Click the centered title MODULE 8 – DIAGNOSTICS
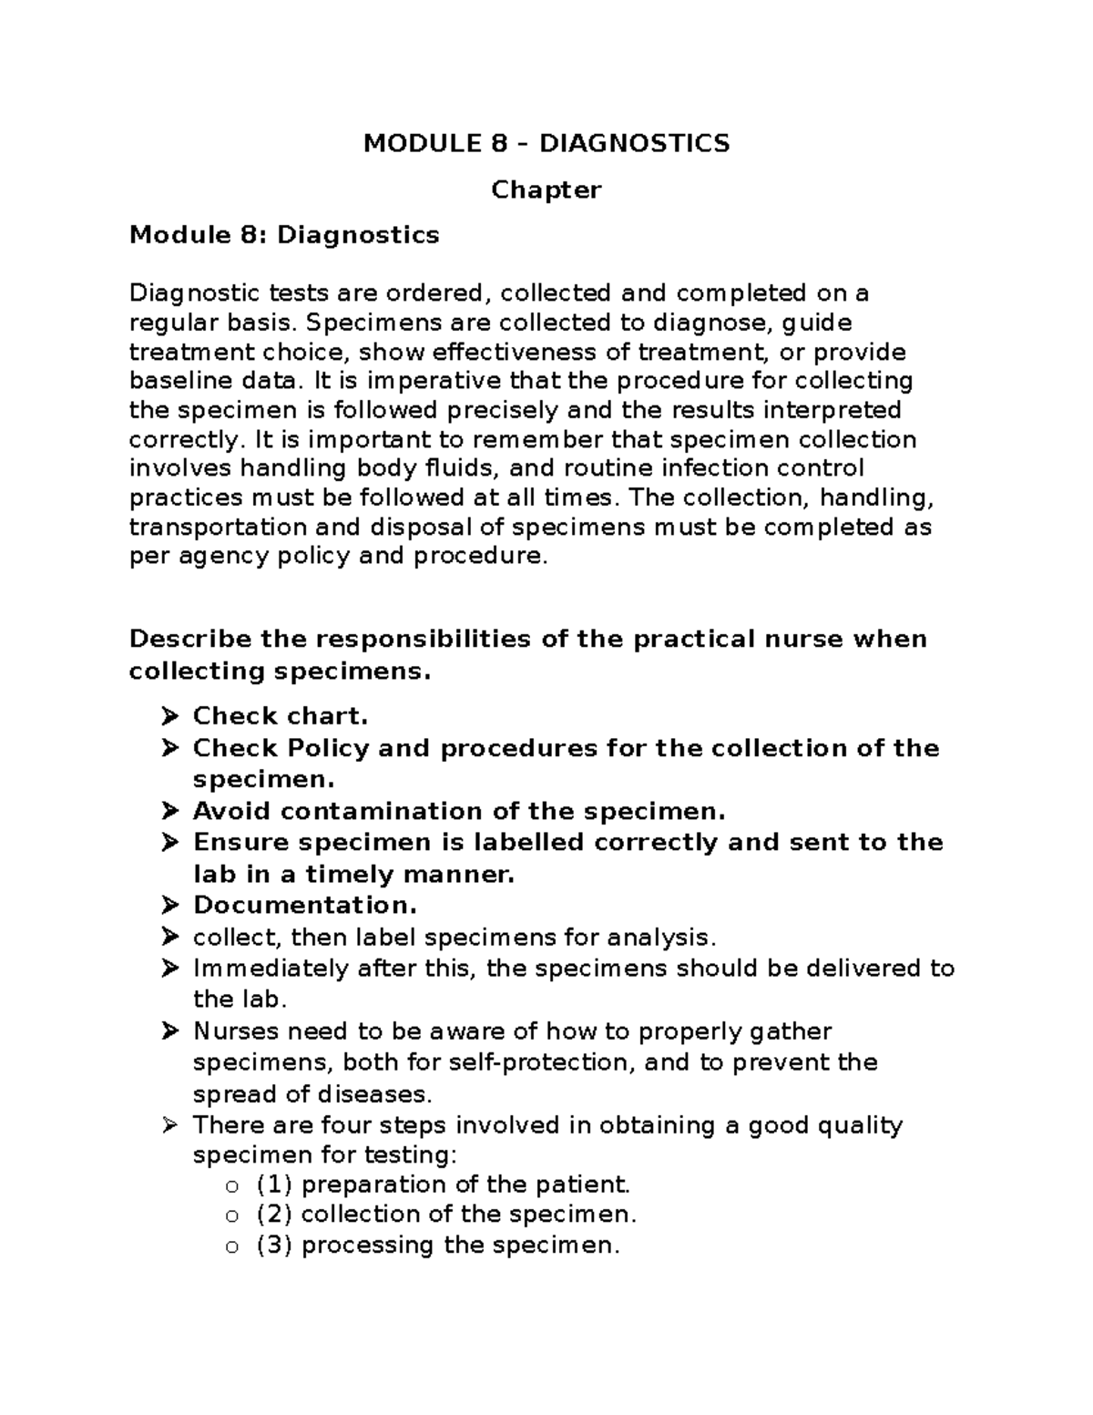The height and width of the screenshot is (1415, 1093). (546, 143)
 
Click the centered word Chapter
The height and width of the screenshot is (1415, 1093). (546, 190)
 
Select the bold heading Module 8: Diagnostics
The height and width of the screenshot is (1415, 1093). (284, 235)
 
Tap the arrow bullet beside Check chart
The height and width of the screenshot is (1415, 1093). (169, 716)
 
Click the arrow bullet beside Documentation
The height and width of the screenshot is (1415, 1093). (169, 905)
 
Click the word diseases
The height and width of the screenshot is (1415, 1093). (373, 1093)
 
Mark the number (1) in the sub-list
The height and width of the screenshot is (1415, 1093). (274, 1184)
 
